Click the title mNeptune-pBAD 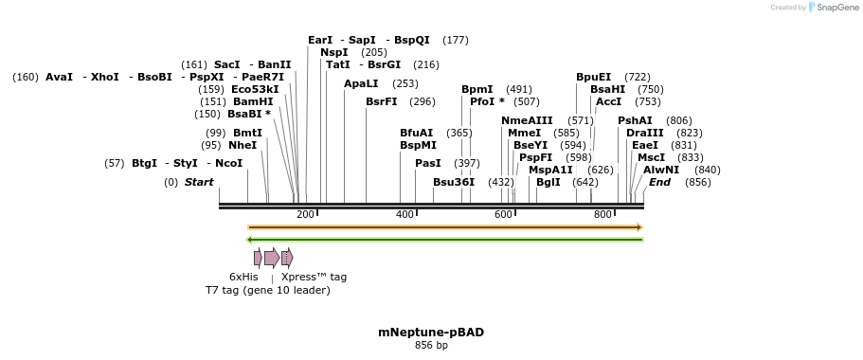[x=431, y=333]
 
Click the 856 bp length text [x=431, y=346]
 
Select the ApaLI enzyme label [x=361, y=83]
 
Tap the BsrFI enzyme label [x=382, y=101]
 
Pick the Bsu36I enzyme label [x=454, y=182]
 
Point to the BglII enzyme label [x=548, y=182]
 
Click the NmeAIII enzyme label [x=527, y=120]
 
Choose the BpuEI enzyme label [x=594, y=77]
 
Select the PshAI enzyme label [x=635, y=120]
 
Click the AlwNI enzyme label [x=661, y=170]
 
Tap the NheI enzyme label [x=243, y=145]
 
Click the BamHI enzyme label [x=253, y=101]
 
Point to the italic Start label [x=199, y=182]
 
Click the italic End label [x=659, y=182]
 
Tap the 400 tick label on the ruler [x=405, y=215]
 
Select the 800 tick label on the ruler [x=602, y=215]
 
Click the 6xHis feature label [x=243, y=277]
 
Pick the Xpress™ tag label [x=314, y=277]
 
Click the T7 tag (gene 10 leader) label [x=268, y=290]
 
